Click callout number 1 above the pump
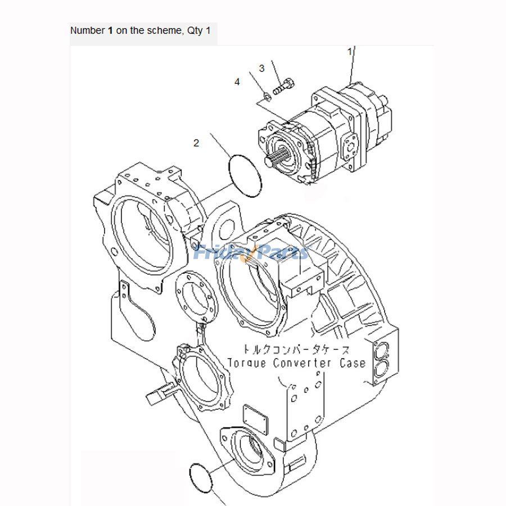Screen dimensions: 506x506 click(x=350, y=51)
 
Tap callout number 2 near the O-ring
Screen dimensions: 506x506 click(x=196, y=143)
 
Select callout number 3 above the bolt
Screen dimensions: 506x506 click(x=261, y=69)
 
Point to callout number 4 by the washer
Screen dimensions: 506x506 click(x=237, y=82)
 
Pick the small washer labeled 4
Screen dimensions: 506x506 click(x=268, y=97)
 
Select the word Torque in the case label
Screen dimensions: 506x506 click(x=247, y=363)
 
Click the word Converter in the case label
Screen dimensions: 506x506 click(x=302, y=363)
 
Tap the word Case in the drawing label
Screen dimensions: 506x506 click(x=353, y=363)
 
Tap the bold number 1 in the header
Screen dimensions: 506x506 click(x=110, y=30)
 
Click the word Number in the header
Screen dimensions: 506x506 click(x=87, y=30)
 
